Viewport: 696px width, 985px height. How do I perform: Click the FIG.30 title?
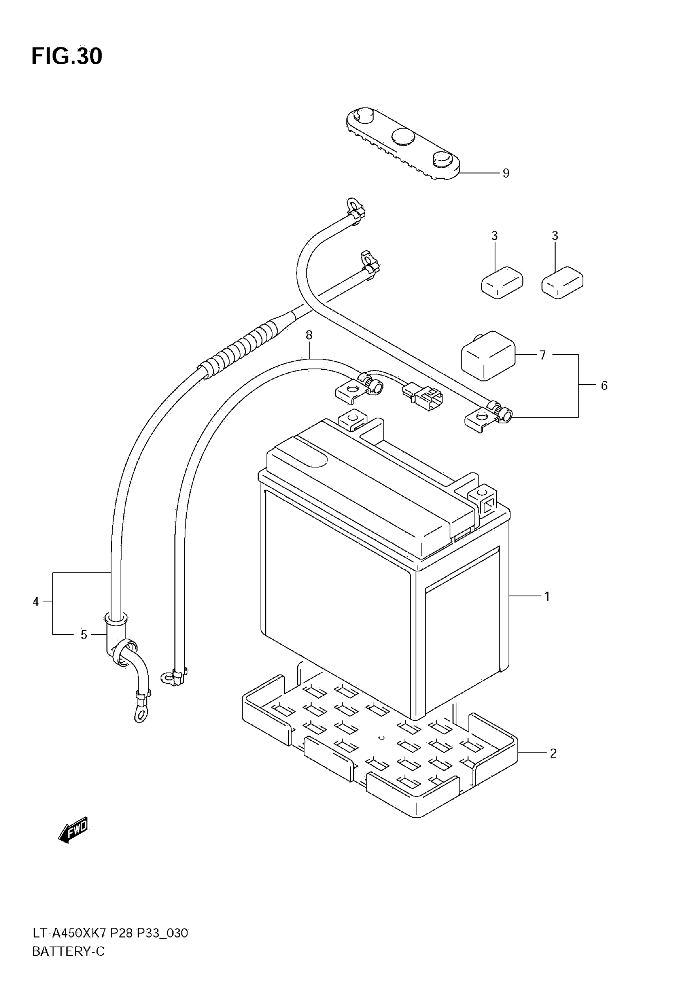[x=67, y=56]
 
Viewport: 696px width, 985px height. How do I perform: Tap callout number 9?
[x=506, y=173]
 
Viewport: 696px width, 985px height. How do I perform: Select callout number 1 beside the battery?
[x=547, y=596]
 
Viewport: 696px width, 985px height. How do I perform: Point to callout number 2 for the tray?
[x=553, y=753]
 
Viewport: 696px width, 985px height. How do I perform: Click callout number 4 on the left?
[x=36, y=602]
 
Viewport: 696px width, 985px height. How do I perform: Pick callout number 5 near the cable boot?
[x=84, y=634]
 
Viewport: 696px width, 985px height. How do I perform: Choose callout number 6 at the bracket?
[x=604, y=386]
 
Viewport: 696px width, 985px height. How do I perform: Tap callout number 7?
[x=543, y=355]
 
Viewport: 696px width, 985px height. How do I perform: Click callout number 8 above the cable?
[x=309, y=335]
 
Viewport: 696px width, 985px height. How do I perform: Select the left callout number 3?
[x=494, y=236]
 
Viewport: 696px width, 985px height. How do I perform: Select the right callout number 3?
[x=555, y=236]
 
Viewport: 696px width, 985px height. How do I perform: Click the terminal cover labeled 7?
[x=488, y=356]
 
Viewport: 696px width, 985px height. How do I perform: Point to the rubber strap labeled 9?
[x=403, y=144]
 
